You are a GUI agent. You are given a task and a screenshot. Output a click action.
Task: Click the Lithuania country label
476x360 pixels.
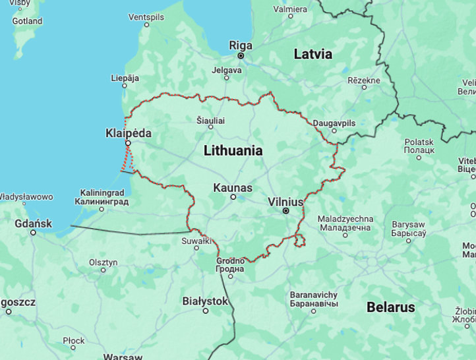pyautogui.click(x=233, y=150)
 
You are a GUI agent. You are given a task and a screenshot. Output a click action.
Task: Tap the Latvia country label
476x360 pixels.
pyautogui.click(x=312, y=54)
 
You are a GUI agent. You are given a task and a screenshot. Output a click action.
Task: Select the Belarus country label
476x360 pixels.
pyautogui.click(x=391, y=307)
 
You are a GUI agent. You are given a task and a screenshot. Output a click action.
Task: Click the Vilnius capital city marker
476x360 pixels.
pyautogui.click(x=285, y=211)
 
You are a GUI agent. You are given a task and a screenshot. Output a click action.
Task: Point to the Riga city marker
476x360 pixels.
pyautogui.click(x=241, y=56)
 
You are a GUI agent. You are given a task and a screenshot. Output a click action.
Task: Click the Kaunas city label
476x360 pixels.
pyautogui.click(x=232, y=188)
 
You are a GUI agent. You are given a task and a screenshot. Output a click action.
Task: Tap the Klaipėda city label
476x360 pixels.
pyautogui.click(x=128, y=133)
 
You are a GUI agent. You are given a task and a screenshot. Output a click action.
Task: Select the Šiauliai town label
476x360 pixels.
pyautogui.click(x=211, y=121)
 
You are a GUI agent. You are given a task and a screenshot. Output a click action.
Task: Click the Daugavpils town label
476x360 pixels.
pyautogui.click(x=334, y=123)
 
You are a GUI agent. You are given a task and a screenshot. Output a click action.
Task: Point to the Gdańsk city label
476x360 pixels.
pyautogui.click(x=33, y=224)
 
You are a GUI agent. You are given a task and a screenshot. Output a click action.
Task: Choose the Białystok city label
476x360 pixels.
pyautogui.click(x=205, y=301)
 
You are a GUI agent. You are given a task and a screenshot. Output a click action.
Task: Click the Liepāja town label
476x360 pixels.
pyautogui.click(x=125, y=78)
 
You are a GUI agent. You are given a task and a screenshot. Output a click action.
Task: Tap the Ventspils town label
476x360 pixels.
pyautogui.click(x=146, y=16)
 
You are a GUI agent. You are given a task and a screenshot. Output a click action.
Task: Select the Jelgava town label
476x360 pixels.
pyautogui.click(x=226, y=70)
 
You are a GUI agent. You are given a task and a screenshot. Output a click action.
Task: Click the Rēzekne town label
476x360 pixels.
pyautogui.click(x=363, y=80)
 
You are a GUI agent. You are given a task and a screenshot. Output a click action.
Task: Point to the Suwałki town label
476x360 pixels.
pyautogui.click(x=196, y=241)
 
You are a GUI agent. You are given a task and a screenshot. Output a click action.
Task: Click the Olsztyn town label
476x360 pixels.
pyautogui.click(x=103, y=262)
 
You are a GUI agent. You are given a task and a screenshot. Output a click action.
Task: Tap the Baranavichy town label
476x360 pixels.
pyautogui.click(x=314, y=295)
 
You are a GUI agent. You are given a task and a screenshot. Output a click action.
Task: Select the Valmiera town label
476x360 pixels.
pyautogui.click(x=289, y=9)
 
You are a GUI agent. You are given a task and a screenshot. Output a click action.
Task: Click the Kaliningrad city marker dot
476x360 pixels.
pyautogui.click(x=102, y=209)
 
